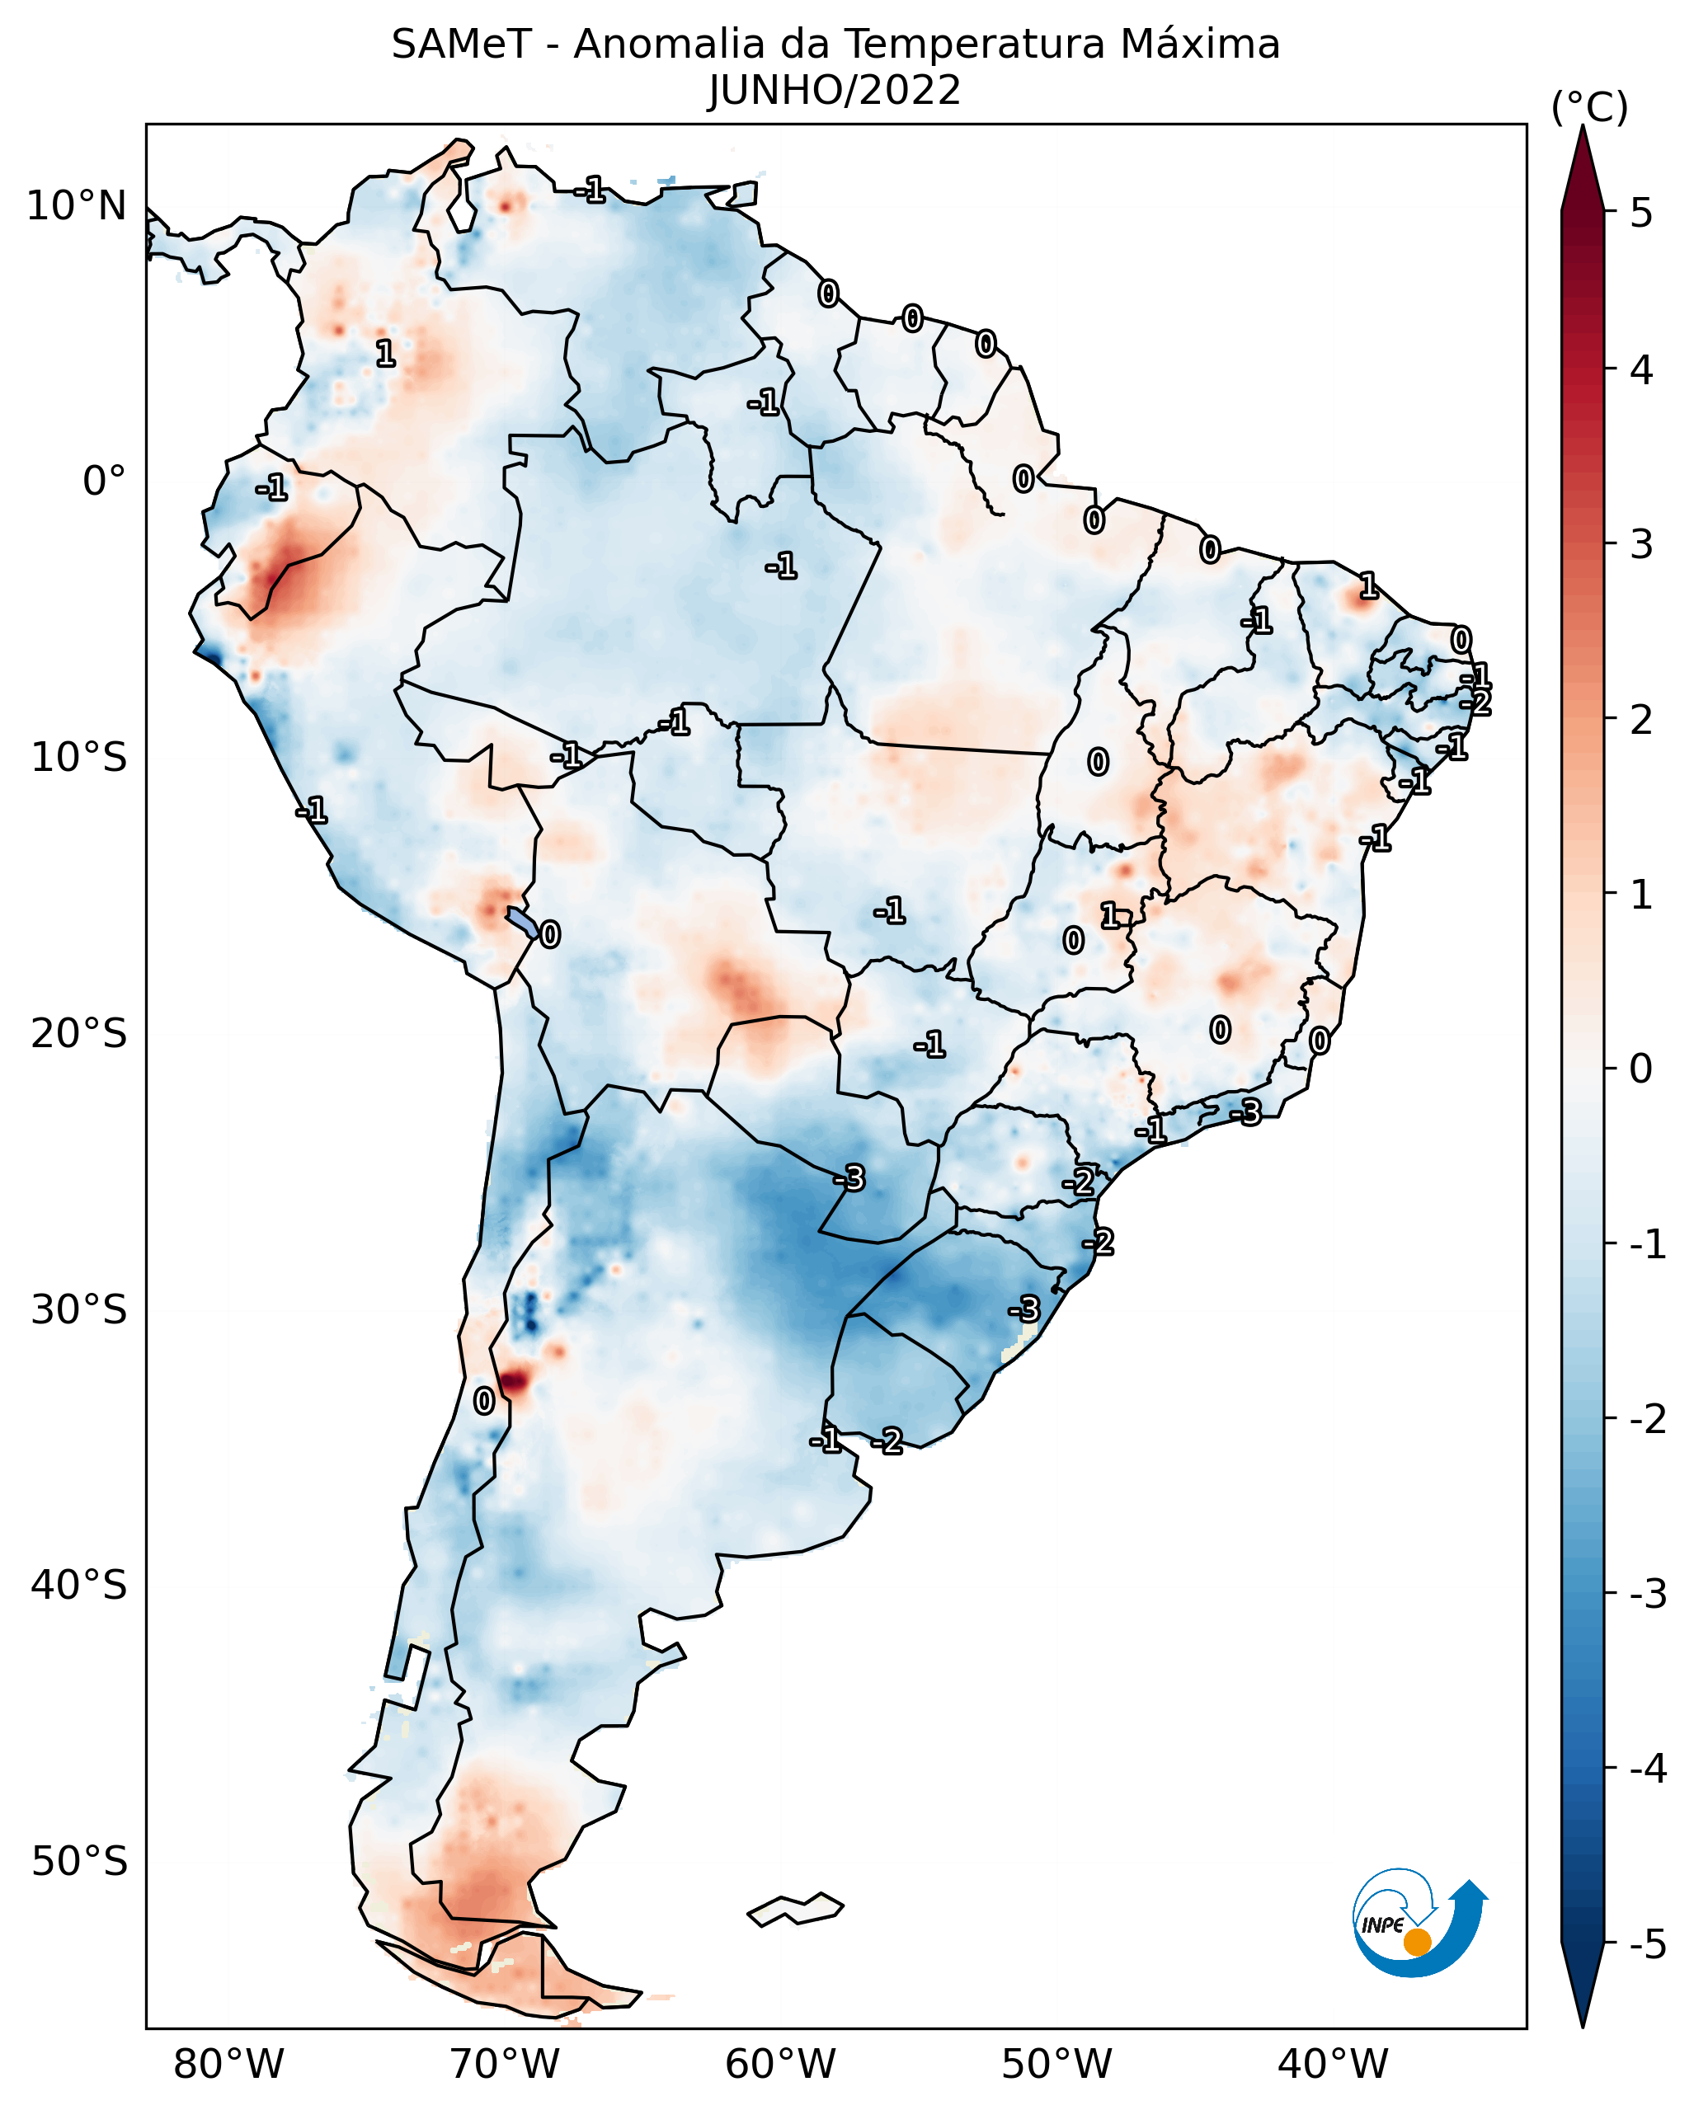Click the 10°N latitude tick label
(77, 206)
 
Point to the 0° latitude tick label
(104, 482)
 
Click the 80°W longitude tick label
(228, 2064)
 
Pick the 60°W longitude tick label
(780, 2064)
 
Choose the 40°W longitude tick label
(1332, 2064)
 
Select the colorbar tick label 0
(1641, 1068)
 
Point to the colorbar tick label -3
(1647, 1594)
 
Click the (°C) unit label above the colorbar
(1589, 108)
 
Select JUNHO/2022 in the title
(835, 91)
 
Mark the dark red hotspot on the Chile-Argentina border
(514, 1381)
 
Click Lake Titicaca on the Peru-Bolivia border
(523, 921)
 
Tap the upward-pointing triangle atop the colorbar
(1583, 167)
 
